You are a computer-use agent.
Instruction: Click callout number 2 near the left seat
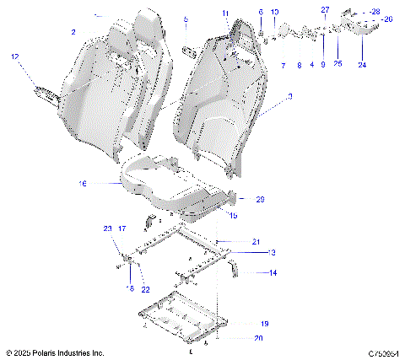pyautogui.click(x=73, y=31)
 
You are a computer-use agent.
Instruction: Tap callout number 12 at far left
pyautogui.click(x=14, y=56)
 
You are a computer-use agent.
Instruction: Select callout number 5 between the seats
pyautogui.click(x=186, y=19)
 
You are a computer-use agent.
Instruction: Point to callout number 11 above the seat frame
pyautogui.click(x=225, y=13)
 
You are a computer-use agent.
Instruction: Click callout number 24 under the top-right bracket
pyautogui.click(x=362, y=64)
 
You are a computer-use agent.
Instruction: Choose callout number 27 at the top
pyautogui.click(x=325, y=8)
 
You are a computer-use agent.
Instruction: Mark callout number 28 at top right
pyautogui.click(x=375, y=11)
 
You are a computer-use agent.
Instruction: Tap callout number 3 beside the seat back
pyautogui.click(x=290, y=98)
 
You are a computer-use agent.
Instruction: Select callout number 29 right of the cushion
pyautogui.click(x=260, y=199)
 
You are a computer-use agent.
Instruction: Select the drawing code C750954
pyautogui.click(x=382, y=352)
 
